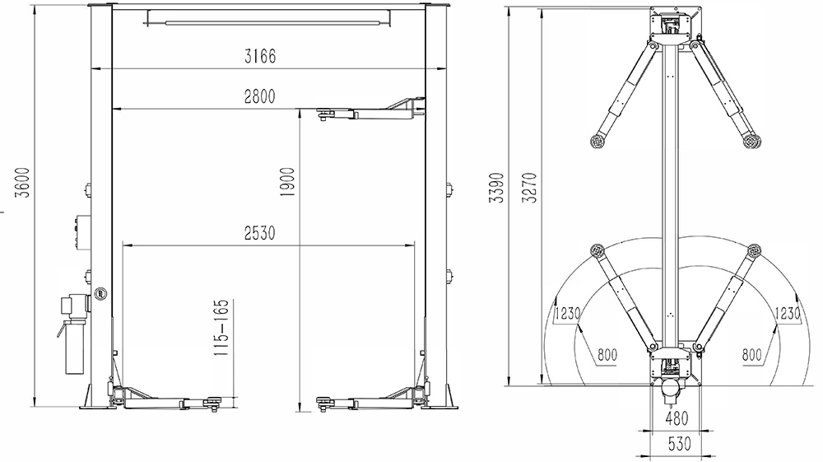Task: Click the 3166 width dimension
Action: click(260, 56)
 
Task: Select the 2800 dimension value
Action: click(260, 96)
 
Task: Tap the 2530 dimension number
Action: click(260, 232)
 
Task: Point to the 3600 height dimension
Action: click(22, 182)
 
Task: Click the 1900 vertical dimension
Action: click(287, 182)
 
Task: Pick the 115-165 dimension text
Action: click(222, 328)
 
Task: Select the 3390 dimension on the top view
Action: click(497, 188)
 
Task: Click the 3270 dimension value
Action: click(530, 188)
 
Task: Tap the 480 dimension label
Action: click(677, 418)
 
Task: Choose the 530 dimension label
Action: click(679, 444)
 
